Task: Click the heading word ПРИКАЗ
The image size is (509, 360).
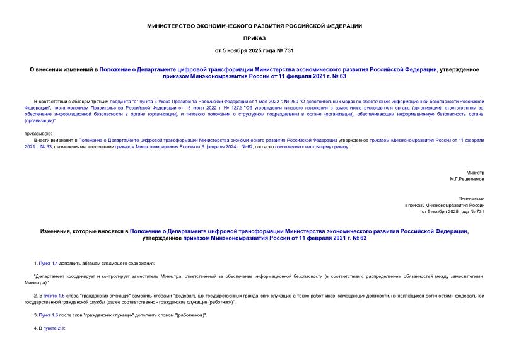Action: tap(254, 38)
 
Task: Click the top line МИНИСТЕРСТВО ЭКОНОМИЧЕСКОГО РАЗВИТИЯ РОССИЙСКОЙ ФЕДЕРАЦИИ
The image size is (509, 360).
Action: tap(254, 26)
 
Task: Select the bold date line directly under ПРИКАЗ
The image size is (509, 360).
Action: tap(254, 50)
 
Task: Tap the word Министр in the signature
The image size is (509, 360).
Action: tap(475, 172)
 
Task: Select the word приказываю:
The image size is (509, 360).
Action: tap(38, 134)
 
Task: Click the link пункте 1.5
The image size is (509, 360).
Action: tap(56, 295)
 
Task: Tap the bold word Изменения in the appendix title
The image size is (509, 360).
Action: tap(60, 232)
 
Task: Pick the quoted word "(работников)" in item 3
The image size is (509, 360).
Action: tap(189, 314)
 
